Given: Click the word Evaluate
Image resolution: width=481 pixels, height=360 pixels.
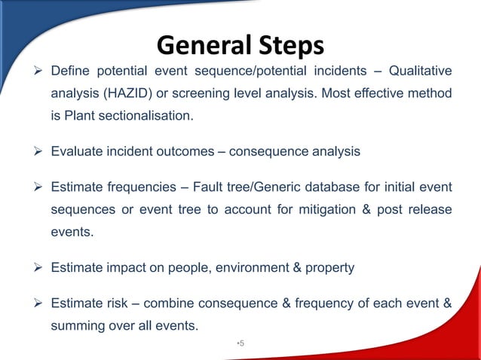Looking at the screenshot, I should pos(75,151).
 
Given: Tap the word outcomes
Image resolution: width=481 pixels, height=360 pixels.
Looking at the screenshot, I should pos(177,151).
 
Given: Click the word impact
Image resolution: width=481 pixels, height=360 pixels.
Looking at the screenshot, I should pos(120,267).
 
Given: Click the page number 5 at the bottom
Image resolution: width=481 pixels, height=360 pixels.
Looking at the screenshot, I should pos(241,343).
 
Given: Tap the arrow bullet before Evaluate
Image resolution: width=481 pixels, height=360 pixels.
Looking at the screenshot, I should pos(38,151).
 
